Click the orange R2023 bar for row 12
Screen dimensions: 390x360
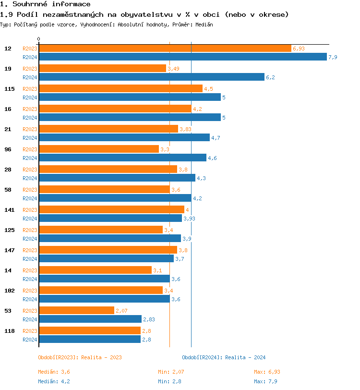point(165,49)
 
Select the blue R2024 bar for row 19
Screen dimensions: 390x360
point(151,77)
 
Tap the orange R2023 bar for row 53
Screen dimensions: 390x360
point(76,311)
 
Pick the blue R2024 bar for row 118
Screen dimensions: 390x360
point(89,339)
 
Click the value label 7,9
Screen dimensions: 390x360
point(333,57)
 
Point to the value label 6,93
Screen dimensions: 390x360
point(299,49)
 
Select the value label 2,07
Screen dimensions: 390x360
point(121,311)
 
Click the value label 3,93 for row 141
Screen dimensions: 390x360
point(189,219)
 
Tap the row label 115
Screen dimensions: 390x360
point(9,89)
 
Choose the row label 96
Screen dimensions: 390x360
point(8,149)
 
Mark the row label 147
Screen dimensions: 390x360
point(9,250)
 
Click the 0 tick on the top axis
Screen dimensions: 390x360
point(39,39)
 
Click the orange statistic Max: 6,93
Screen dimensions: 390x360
point(267,372)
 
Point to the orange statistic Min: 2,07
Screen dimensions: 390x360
point(171,372)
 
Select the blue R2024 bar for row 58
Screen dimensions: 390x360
point(115,198)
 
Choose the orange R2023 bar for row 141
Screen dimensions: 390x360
point(111,210)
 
